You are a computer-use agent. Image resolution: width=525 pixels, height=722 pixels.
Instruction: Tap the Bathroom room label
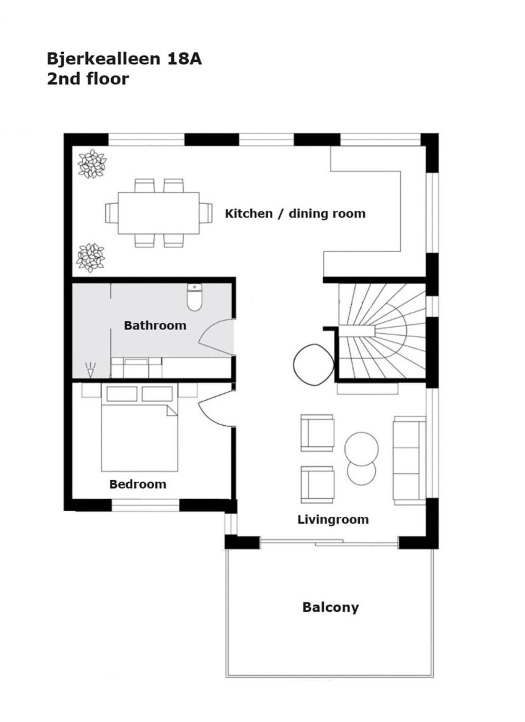tap(155, 325)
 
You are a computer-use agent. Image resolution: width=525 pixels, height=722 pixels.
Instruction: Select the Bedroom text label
tap(138, 484)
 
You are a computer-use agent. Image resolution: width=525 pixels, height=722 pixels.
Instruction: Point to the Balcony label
tap(331, 608)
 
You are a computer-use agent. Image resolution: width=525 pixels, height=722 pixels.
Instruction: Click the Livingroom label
tap(333, 519)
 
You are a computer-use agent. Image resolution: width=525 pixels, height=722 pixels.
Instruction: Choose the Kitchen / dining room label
tap(295, 213)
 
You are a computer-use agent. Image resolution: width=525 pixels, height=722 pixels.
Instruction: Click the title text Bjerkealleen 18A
tap(124, 59)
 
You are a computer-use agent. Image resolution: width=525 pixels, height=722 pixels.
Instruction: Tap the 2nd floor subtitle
tap(88, 79)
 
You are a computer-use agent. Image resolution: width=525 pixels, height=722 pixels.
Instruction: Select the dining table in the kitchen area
tap(159, 213)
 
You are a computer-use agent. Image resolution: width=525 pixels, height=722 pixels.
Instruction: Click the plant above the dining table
tap(92, 164)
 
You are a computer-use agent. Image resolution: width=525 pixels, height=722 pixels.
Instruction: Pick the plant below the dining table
tap(91, 258)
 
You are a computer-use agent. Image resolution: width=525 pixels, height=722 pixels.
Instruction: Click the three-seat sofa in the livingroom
tap(409, 460)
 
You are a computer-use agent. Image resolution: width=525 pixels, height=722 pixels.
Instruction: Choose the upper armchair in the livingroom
tap(317, 433)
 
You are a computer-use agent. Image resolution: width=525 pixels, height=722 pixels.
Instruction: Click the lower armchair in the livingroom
tap(317, 485)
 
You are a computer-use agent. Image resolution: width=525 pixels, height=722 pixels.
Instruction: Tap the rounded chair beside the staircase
tap(313, 365)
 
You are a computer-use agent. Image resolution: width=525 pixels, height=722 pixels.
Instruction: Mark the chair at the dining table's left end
tap(112, 213)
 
